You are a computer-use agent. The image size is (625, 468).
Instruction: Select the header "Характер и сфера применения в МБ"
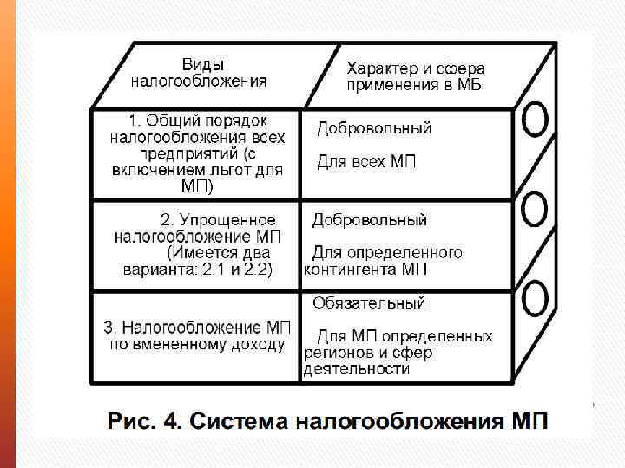coord(415,76)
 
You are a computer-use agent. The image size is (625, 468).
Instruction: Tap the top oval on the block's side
coord(535,120)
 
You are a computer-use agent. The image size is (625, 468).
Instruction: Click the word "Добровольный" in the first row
coord(373,128)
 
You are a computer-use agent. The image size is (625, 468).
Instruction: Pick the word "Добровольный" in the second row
coord(370,220)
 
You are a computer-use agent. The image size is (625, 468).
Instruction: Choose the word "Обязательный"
coord(369,303)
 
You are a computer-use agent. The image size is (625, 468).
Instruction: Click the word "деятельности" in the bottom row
coord(356,369)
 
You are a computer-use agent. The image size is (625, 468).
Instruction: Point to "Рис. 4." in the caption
coord(143,423)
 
